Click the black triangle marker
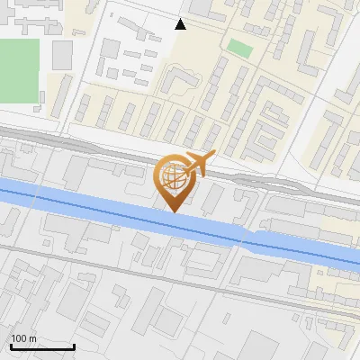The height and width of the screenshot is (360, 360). point(181,24)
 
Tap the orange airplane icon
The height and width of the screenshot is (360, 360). point(196,165)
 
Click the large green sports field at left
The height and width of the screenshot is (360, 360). point(19,70)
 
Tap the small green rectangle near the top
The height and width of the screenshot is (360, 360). point(238,48)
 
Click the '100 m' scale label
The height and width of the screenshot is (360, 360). point(23,338)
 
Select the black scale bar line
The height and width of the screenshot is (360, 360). point(42,346)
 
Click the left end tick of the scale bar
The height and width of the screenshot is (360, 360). point(11,345)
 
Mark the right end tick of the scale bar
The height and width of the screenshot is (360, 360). point(74,345)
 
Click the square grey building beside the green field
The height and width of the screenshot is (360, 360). point(61,55)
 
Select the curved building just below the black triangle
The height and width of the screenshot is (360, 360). point(179,84)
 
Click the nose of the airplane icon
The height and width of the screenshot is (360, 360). point(215,155)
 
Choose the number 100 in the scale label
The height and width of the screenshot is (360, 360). point(19,338)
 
